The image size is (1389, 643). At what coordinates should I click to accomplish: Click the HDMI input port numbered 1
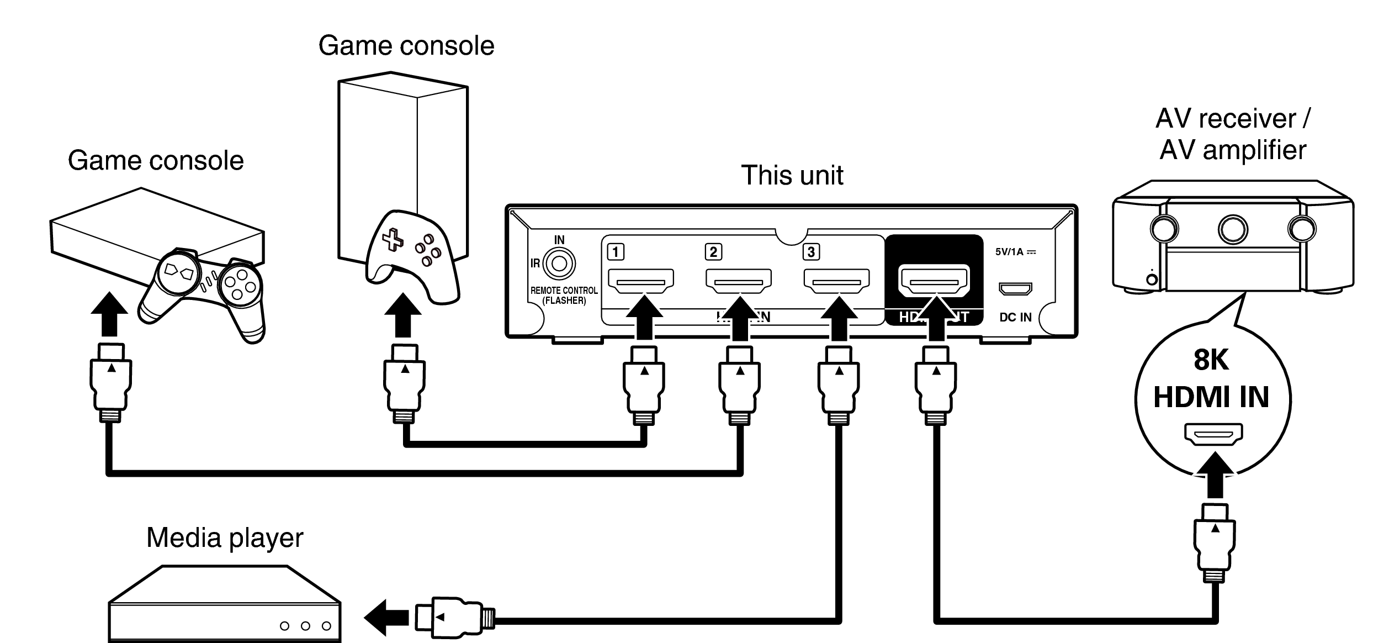(640, 281)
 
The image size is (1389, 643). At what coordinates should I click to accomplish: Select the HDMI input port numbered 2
(738, 281)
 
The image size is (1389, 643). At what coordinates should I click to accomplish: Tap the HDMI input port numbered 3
(836, 281)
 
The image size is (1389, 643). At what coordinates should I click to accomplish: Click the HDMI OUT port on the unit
(934, 281)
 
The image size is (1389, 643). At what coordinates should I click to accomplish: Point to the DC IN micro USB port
(1015, 288)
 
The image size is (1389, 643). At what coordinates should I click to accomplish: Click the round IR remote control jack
(559, 264)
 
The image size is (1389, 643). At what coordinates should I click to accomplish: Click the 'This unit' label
(792, 176)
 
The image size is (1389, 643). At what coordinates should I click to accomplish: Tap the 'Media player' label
(225, 537)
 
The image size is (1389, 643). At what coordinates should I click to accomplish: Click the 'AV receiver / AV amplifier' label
(1232, 134)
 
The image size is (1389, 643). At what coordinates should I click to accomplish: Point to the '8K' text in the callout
(1211, 360)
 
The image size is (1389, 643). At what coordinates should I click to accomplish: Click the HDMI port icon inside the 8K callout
(1213, 434)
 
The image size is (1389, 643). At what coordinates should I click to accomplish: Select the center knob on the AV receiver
(1233, 229)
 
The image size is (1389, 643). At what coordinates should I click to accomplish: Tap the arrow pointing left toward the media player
(386, 618)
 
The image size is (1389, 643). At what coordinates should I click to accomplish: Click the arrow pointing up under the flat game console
(109, 315)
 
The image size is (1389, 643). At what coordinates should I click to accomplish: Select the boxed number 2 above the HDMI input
(713, 252)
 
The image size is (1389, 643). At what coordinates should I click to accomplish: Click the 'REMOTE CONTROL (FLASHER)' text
(564, 296)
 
